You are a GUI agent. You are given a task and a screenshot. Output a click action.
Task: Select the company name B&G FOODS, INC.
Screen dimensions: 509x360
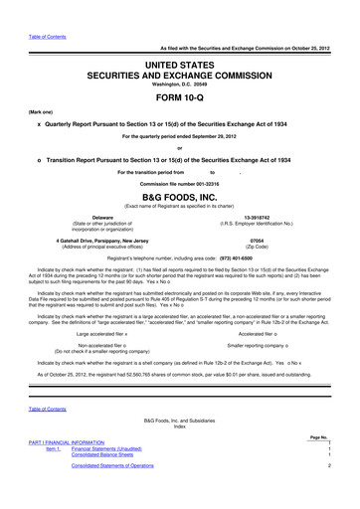pyautogui.click(x=179, y=194)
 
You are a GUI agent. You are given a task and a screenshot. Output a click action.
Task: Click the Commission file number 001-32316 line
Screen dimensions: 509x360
pyautogui.click(x=179, y=183)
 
